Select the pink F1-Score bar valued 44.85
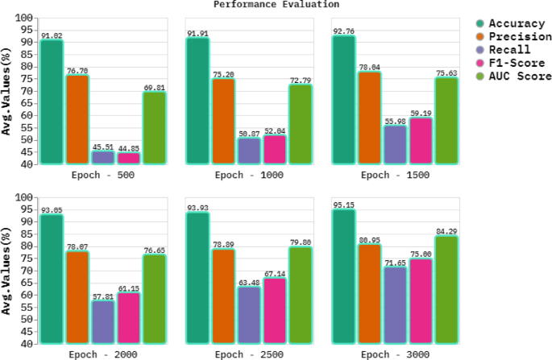point(128,159)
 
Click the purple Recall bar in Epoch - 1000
point(248,151)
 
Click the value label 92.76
point(344,31)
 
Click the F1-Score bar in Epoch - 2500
point(274,311)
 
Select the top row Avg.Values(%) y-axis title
point(6,90)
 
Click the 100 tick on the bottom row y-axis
point(24,197)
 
